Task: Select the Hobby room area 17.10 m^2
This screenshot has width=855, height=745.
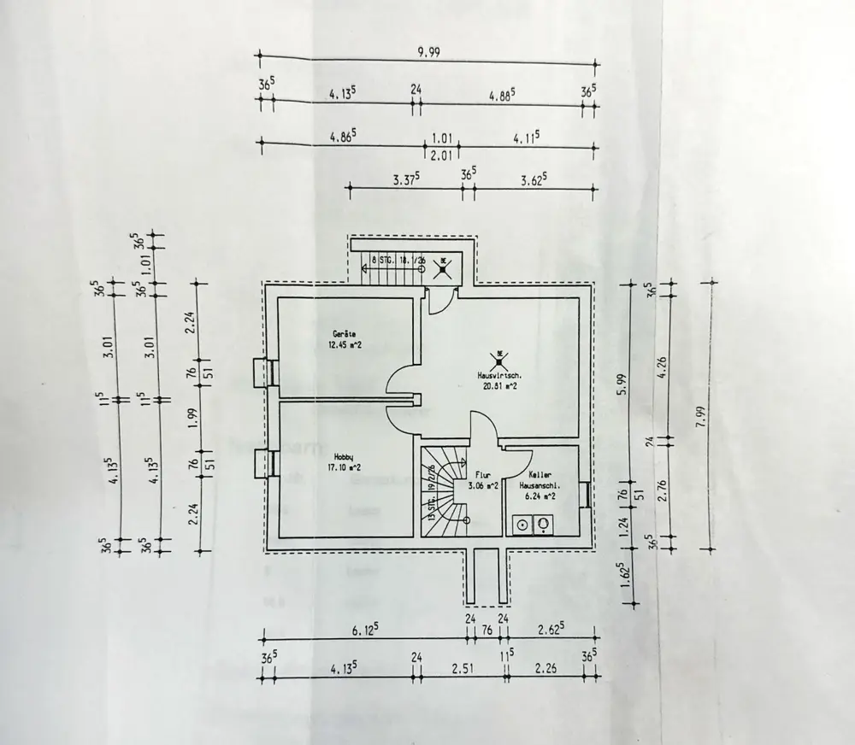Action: point(344,467)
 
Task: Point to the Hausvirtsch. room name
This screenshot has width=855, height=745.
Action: point(498,374)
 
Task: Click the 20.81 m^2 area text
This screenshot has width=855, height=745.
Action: point(498,385)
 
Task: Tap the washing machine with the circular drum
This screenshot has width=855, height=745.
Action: point(521,525)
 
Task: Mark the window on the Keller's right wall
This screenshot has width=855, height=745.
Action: point(584,494)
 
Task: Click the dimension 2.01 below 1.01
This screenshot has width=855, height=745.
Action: point(441,155)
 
